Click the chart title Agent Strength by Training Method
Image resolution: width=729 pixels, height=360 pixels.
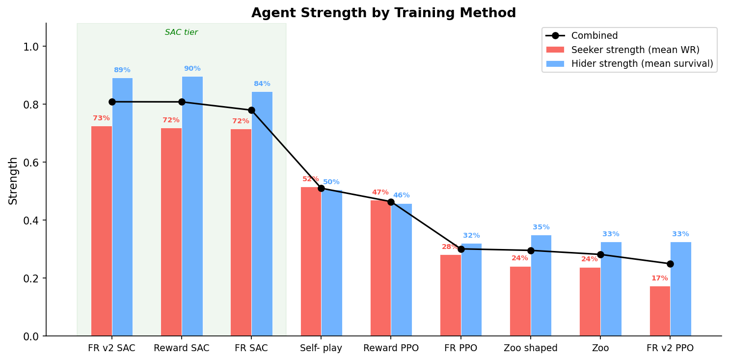coord(383,13)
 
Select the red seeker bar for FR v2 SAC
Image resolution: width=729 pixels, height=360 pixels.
coord(102,231)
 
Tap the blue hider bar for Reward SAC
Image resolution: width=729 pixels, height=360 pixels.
coord(192,206)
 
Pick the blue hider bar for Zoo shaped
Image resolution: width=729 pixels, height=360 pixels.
coord(541,285)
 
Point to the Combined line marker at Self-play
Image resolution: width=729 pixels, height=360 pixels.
coord(321,188)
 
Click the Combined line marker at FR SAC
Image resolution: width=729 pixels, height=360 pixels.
coord(251,110)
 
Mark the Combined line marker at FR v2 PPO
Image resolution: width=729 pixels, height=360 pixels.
coord(670,264)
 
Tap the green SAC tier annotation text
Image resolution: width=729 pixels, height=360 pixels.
coord(181,32)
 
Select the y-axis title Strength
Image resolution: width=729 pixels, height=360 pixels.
coord(13,180)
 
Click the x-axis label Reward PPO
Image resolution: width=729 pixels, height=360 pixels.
coord(391,348)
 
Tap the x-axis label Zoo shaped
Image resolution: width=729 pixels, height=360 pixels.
coord(531,348)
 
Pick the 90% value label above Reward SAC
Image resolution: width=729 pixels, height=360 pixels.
coord(192,69)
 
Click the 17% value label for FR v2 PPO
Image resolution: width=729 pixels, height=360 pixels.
coord(659,278)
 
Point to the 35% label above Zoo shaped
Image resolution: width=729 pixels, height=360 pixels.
coord(541,227)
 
